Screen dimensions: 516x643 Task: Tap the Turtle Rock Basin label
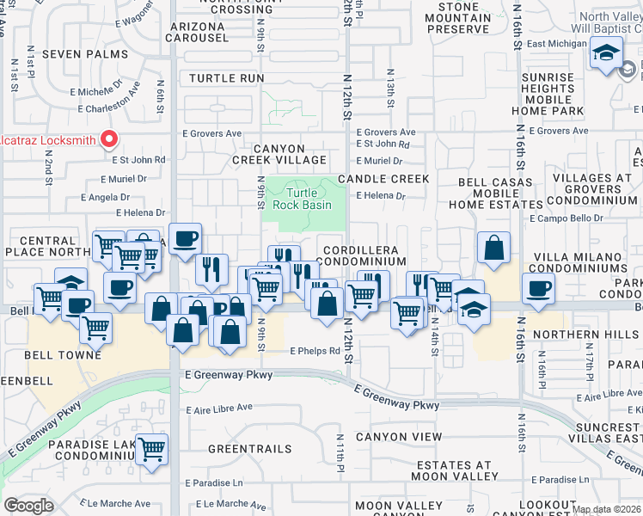coord(297,199)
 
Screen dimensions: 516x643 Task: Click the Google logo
coord(28,506)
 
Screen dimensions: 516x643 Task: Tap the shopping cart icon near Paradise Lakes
coord(152,447)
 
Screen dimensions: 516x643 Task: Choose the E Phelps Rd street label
coord(315,351)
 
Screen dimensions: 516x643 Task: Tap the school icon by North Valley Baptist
coord(606,53)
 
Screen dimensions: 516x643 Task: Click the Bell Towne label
coord(62,354)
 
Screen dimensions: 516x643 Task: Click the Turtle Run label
coord(226,78)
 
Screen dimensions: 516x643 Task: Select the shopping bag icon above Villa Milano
coord(494,249)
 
